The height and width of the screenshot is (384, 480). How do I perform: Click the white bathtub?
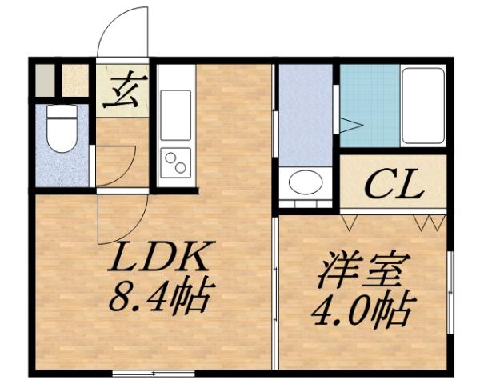422,105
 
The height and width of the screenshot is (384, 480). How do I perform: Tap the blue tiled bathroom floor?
369,104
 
